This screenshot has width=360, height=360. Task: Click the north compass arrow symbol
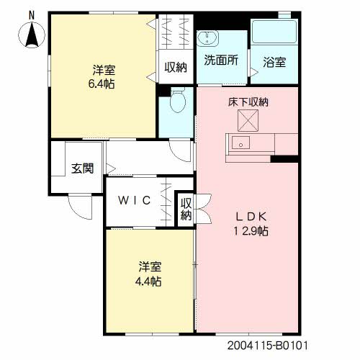(31, 35)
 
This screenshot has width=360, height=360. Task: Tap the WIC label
(135, 201)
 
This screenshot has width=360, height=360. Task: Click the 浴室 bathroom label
(274, 62)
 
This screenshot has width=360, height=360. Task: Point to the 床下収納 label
(248, 103)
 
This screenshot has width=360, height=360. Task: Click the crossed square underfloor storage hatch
(248, 119)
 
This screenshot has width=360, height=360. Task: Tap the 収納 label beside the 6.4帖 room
(176, 68)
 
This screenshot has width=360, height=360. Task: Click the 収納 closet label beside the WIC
(186, 209)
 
